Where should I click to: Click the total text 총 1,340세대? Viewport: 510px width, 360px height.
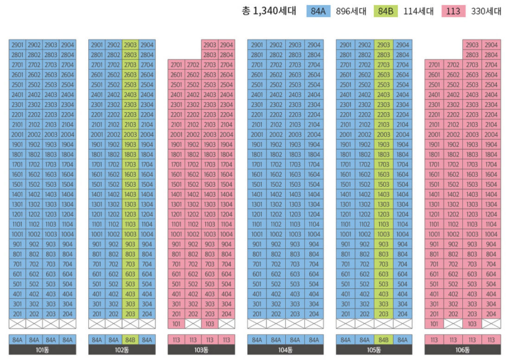pyautogui.click(x=269, y=11)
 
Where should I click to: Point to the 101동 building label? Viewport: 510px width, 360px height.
pyautogui.click(x=42, y=350)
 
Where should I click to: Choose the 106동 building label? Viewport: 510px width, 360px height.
pyautogui.click(x=462, y=350)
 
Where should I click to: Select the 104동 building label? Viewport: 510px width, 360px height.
pyautogui.click(x=285, y=350)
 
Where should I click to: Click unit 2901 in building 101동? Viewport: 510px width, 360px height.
pyautogui.click(x=17, y=45)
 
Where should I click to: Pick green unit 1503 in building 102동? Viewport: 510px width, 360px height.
pyautogui.click(x=130, y=185)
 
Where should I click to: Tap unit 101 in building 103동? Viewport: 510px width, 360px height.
pyautogui.click(x=176, y=324)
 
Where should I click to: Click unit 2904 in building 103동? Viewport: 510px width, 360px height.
pyautogui.click(x=226, y=45)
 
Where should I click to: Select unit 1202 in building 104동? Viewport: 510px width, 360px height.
pyautogui.click(x=275, y=214)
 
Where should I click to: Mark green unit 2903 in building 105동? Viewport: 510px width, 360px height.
pyautogui.click(x=384, y=45)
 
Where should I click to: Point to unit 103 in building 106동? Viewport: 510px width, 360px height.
pyautogui.click(x=472, y=324)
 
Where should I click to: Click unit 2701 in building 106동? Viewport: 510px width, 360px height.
pyautogui.click(x=434, y=65)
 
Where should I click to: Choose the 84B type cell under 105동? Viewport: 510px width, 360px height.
pyautogui.click(x=384, y=340)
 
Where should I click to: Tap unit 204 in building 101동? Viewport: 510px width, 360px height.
pyautogui.click(x=68, y=314)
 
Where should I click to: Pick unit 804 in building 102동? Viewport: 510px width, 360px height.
pyautogui.click(x=147, y=254)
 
